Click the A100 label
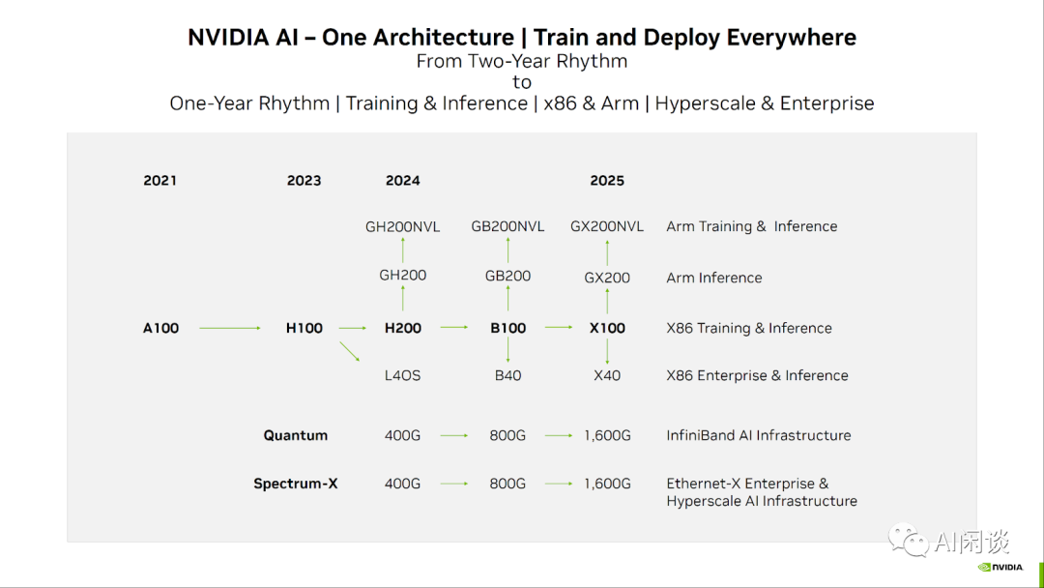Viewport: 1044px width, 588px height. point(160,328)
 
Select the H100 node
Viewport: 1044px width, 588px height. point(304,328)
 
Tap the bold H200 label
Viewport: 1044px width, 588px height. point(403,328)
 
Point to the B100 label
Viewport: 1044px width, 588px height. point(508,328)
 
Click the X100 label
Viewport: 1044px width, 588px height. point(607,328)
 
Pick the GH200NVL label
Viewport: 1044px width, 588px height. point(403,226)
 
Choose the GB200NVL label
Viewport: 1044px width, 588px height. point(508,226)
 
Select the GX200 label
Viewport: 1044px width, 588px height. point(607,278)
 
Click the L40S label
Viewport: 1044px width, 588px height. point(403,375)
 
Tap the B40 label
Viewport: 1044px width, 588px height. point(508,375)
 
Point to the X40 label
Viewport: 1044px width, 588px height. point(607,375)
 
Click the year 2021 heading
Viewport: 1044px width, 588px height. point(159,181)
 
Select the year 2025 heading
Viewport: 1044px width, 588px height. point(607,181)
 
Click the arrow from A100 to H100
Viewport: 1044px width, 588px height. point(230,328)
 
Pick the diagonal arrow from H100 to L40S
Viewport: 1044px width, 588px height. point(350,352)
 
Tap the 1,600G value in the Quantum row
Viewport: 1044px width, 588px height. point(607,435)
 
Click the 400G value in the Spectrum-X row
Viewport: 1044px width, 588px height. point(403,484)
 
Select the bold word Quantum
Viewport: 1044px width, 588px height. point(296,435)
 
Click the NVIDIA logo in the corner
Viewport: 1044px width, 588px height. point(1000,568)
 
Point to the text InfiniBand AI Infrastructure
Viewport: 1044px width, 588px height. point(759,435)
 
